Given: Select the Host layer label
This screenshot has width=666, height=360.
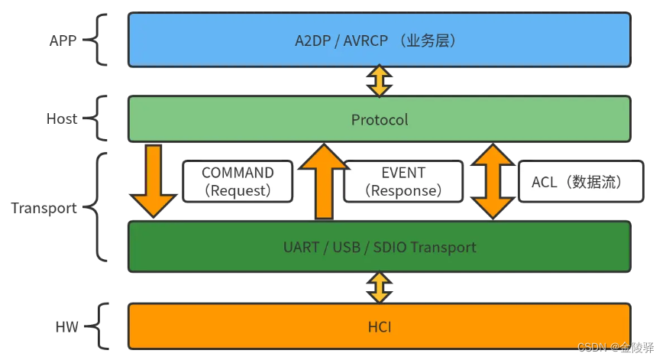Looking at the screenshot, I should coord(62,118).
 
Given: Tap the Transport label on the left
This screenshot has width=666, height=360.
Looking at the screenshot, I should coord(44,208).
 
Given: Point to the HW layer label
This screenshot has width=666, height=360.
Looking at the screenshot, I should coord(66,326).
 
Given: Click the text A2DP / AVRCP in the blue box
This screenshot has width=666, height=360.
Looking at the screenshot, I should coord(341,40).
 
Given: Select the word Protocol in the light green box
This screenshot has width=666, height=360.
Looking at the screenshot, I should coord(380,119).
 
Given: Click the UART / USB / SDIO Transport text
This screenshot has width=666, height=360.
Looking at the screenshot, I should coord(380,247).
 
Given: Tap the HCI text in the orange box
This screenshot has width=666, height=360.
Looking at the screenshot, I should coord(380,326).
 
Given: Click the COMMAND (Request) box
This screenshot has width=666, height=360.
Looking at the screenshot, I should coord(238,181).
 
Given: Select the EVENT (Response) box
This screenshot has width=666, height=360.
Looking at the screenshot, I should coord(403,181).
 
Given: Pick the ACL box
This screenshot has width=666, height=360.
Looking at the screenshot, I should coord(580,181).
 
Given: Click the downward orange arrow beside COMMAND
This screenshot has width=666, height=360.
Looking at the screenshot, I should coord(153,181).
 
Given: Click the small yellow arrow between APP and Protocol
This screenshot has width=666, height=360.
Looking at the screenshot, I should coord(380,80).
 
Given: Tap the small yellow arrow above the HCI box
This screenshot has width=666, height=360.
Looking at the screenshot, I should coord(380,287).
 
